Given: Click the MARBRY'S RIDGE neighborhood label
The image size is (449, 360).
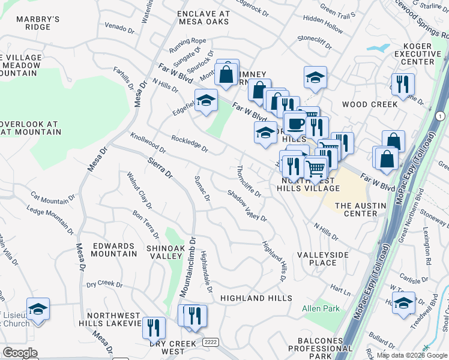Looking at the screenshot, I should pos(38,23).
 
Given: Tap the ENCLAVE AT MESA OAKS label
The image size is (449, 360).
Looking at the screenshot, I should pos(203,17).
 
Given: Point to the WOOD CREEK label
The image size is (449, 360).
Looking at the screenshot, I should pos(370,104).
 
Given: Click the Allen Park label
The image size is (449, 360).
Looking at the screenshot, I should pos(321,308).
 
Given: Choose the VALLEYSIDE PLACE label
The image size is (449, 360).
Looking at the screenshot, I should pos(323,259).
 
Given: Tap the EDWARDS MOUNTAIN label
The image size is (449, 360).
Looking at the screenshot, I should pos(113,250).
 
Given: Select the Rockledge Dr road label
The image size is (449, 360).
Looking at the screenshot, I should pos(190,143).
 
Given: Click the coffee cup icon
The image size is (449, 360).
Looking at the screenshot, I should pos(294,124).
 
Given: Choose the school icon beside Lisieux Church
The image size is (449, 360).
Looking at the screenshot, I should pos(38,309).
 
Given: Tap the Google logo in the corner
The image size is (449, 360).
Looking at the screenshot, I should pos(20,352).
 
